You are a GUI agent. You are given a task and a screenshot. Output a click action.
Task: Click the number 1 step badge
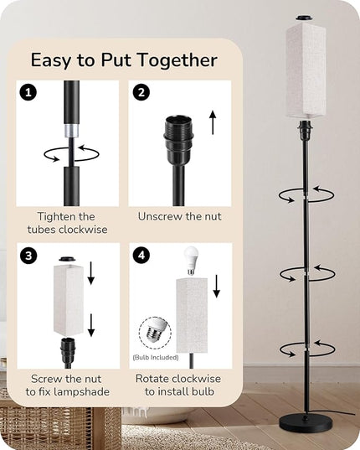[28, 92]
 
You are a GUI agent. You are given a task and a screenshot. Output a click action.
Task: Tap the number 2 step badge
[141, 92]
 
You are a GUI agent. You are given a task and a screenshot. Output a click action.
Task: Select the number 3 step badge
[28, 255]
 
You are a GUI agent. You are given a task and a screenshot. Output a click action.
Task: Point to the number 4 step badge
[141, 255]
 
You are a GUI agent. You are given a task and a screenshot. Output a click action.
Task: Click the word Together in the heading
[177, 60]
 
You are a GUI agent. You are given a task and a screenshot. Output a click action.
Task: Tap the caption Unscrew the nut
[180, 216]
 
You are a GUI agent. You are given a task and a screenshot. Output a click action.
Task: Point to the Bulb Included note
[156, 357]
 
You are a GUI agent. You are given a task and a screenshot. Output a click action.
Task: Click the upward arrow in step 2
[213, 122]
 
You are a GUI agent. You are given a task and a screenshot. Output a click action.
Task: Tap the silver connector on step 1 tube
[72, 131]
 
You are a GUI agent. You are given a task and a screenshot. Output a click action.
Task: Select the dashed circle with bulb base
[155, 333]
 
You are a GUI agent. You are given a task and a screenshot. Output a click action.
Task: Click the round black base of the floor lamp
[306, 424]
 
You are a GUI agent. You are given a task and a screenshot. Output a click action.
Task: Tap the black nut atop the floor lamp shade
[305, 18]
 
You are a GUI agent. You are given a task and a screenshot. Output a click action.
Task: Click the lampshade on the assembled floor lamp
[306, 71]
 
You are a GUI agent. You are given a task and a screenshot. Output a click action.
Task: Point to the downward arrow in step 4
[217, 286]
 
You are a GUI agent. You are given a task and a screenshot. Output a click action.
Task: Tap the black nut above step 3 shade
[67, 259]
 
